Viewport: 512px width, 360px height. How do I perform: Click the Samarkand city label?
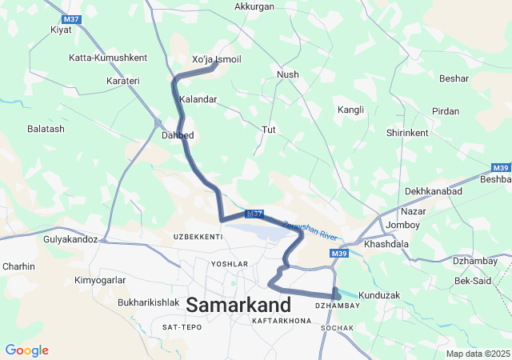[238, 304]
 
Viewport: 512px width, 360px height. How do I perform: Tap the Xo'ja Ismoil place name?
[217, 60]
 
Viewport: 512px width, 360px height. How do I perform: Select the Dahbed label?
[178, 135]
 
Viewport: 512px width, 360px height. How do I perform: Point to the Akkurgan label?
[254, 6]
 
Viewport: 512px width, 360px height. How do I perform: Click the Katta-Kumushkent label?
[108, 58]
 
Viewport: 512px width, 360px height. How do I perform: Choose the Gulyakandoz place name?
[70, 239]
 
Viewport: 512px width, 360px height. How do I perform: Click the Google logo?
[26, 350]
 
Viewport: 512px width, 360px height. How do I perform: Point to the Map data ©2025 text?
[477, 354]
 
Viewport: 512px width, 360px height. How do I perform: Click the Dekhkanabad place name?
[434, 192]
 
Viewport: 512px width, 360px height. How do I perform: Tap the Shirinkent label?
[407, 133]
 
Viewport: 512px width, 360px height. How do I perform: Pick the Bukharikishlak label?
[148, 302]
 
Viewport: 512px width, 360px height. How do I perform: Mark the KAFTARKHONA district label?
[281, 320]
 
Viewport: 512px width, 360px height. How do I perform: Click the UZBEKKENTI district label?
[198, 238]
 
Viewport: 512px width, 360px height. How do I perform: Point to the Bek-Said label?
[473, 281]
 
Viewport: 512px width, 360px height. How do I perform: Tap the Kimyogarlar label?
[100, 281]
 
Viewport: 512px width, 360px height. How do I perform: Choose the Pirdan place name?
[446, 111]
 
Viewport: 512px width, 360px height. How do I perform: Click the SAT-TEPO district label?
[182, 327]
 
